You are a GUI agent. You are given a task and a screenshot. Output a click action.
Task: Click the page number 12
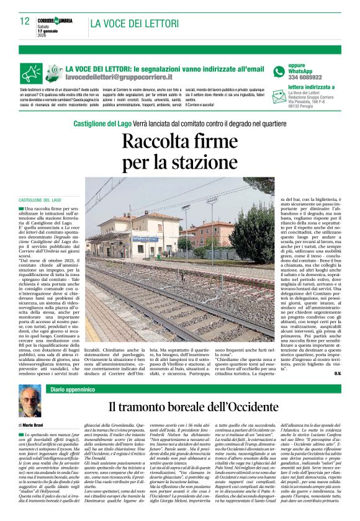[x=25, y=21]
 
